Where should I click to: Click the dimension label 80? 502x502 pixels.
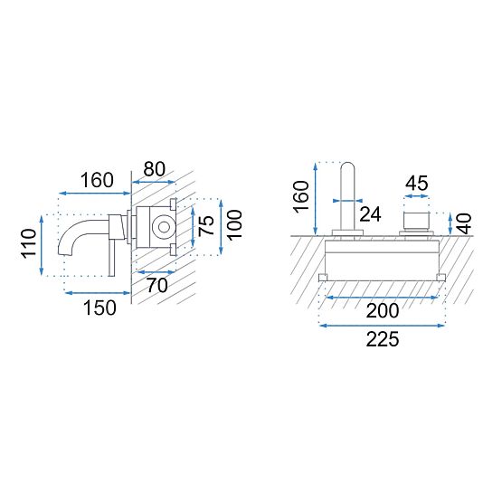(x=155, y=169)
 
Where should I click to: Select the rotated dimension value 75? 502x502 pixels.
(x=207, y=225)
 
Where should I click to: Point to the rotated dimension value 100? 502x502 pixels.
(x=235, y=224)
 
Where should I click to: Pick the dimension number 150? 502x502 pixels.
(x=99, y=308)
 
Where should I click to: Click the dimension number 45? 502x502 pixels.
(x=416, y=184)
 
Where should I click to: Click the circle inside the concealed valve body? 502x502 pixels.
(x=164, y=226)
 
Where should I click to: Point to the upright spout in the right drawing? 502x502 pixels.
(x=348, y=194)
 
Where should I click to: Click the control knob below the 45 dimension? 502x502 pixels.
(x=417, y=221)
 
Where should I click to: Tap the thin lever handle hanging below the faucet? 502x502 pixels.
(x=113, y=258)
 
